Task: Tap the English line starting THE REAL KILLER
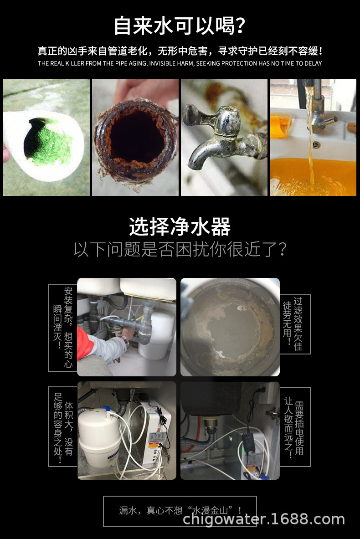click(180, 63)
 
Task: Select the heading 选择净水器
click(180, 226)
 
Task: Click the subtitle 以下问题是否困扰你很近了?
click(180, 249)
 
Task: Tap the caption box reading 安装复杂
click(62, 328)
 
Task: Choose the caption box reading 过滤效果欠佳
click(295, 324)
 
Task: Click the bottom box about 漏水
click(180, 511)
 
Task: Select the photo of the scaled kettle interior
click(230, 327)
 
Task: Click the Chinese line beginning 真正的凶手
click(180, 51)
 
